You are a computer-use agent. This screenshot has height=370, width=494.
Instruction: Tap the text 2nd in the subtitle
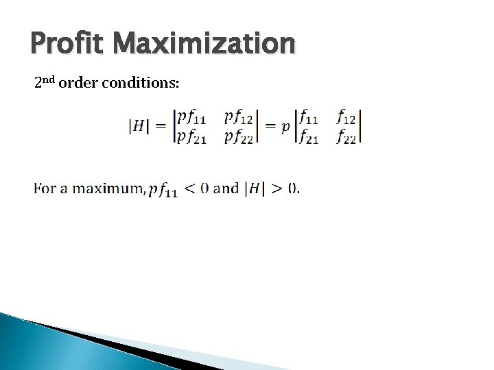coord(45,83)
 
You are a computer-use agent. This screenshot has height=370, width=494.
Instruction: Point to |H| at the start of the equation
coord(139,126)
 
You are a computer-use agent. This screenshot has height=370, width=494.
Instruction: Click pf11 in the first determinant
coord(191,118)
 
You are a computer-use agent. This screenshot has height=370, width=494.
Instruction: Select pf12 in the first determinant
coord(238,118)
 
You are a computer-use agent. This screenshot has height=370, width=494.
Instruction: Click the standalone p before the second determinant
coord(285,127)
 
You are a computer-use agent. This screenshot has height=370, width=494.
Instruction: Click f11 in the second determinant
coord(307,118)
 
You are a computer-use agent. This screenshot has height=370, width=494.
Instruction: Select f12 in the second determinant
coord(346,118)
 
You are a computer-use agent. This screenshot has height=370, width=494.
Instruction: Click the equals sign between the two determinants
coord(270,126)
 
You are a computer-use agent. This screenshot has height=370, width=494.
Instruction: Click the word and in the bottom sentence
coord(226,188)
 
